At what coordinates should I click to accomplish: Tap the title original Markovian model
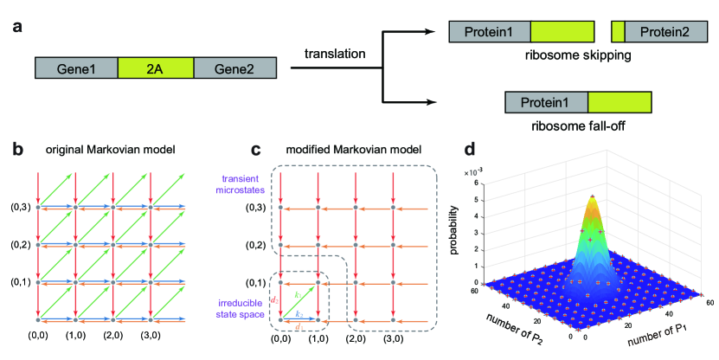click(99, 150)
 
